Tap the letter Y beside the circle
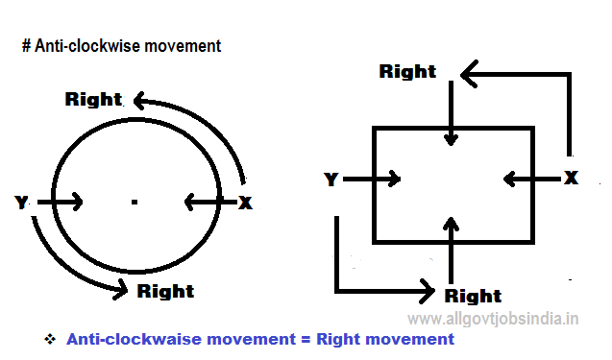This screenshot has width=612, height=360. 21,202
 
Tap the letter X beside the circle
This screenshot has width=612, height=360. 245,202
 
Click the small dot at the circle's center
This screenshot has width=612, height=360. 135,202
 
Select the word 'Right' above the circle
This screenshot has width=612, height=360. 93,99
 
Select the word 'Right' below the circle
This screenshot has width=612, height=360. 165,291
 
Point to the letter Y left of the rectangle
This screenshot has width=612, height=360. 331,180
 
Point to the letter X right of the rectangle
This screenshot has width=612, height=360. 571,178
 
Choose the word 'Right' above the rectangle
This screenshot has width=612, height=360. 407,71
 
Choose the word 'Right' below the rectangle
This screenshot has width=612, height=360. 473,296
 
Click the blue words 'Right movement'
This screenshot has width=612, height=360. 384,339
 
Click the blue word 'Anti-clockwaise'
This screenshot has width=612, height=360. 125,339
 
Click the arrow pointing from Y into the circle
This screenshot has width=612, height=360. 60,202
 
